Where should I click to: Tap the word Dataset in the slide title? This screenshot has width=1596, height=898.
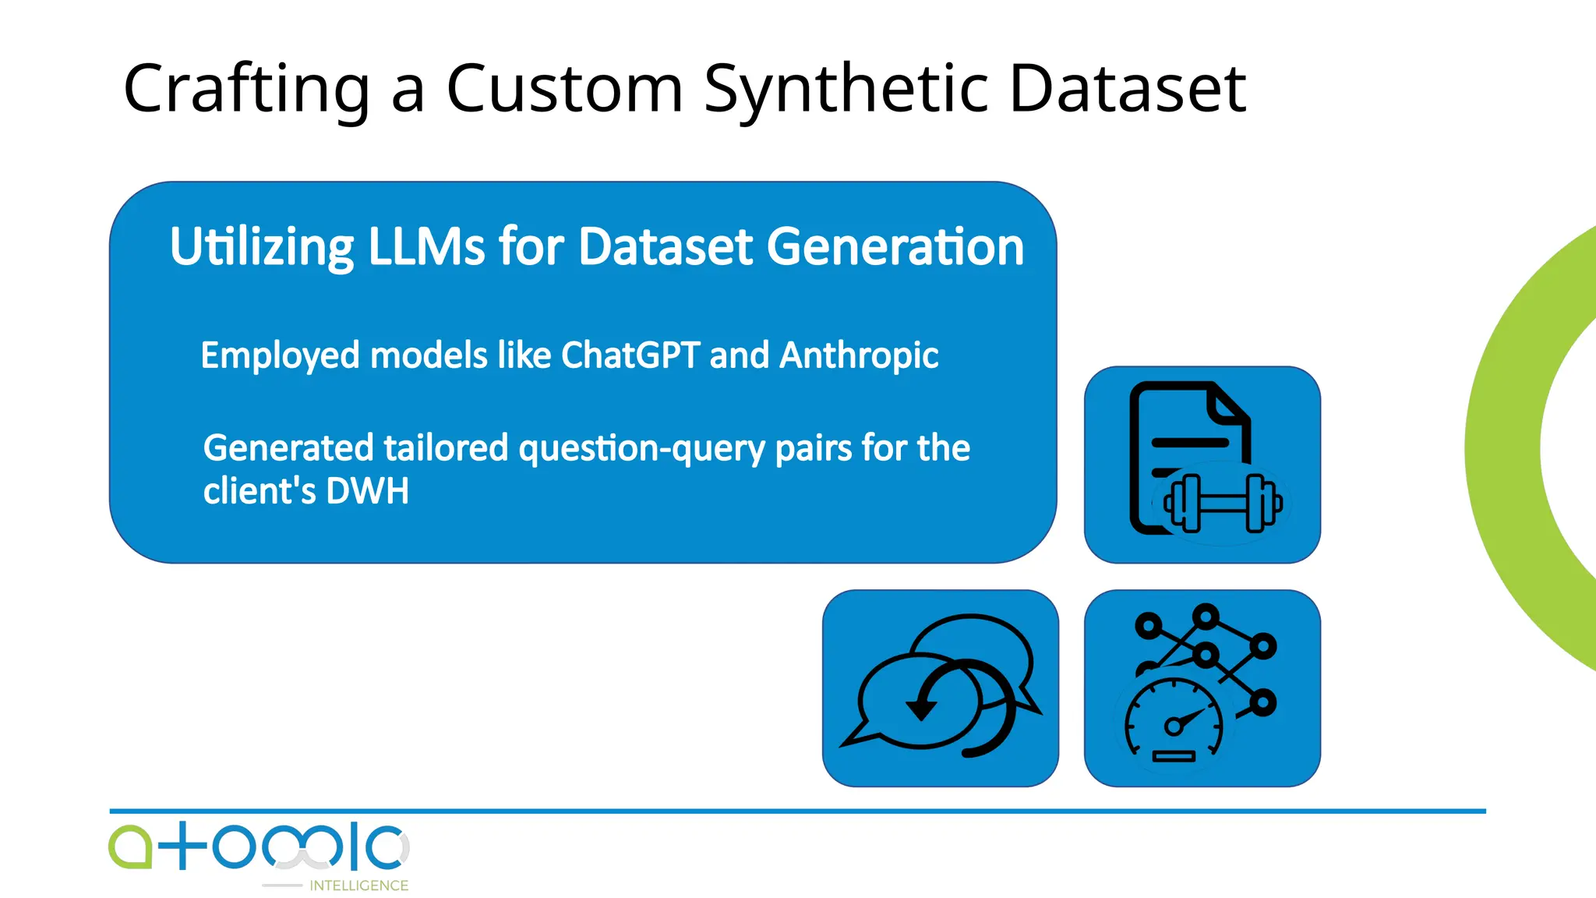click(1127, 89)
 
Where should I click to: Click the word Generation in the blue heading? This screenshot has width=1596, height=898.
click(895, 248)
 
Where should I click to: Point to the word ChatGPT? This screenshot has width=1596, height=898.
click(630, 355)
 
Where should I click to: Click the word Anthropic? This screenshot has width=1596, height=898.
click(859, 356)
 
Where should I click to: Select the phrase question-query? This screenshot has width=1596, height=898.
click(642, 449)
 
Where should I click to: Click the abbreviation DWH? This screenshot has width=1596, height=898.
click(367, 491)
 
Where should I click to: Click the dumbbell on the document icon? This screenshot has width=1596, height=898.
click(1222, 504)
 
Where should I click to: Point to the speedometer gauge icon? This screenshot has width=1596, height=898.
click(1174, 722)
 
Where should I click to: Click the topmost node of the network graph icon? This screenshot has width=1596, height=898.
click(1206, 617)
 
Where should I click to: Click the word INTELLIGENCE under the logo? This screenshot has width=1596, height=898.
click(358, 886)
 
